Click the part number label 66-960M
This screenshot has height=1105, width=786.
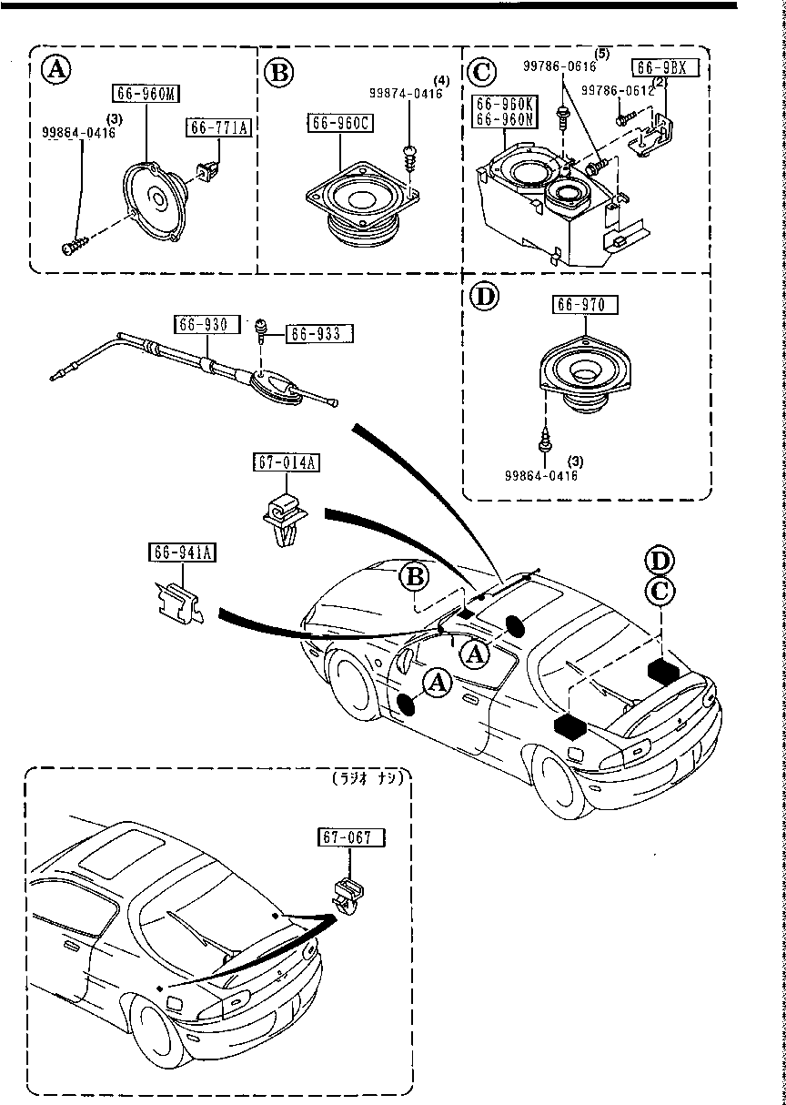[x=146, y=92]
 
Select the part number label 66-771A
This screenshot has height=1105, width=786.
[x=219, y=128]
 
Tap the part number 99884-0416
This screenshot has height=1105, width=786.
[x=79, y=132]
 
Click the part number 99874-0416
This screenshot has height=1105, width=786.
[x=406, y=94]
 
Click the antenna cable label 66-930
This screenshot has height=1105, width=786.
[x=207, y=323]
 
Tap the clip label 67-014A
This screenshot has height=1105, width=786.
[x=286, y=463]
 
